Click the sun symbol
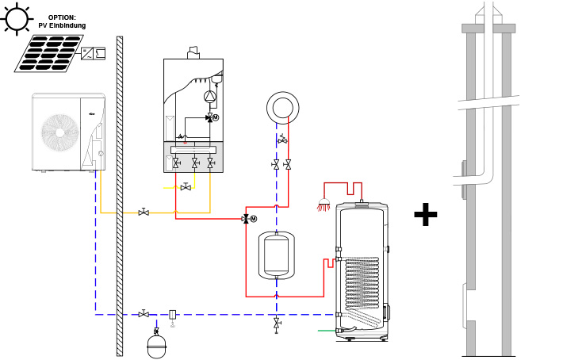pos(17,19)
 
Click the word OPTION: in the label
pos(62,17)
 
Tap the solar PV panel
pos(49,53)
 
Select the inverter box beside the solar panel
pos(93,53)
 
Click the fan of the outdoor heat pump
pos(60,132)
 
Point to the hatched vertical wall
pos(120,196)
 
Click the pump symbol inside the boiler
pos(209,97)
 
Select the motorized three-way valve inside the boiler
pos(212,117)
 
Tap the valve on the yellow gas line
pos(186,187)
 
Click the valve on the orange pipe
pos(144,213)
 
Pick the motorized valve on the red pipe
pos(249,219)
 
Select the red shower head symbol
pos(324,205)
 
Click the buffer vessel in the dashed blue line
pos(276,255)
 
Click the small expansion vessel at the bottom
pos(157,347)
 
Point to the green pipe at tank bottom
pos(327,331)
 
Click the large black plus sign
pos(425,214)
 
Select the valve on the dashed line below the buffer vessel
pos(277,324)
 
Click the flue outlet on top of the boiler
pos(193,52)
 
